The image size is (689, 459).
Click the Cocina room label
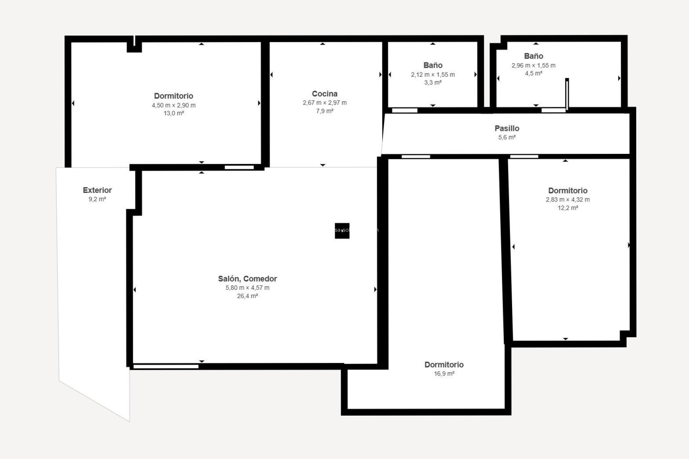[324, 94]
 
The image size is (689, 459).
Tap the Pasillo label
[507, 128]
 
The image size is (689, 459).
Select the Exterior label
[97, 190]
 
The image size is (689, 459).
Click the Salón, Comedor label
[247, 279]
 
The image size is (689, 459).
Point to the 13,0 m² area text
[174, 113]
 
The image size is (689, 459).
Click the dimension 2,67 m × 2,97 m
[324, 103]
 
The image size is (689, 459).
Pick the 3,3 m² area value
[432, 82]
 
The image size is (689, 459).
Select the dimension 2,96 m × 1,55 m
[533, 65]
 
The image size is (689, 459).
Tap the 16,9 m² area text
[444, 374]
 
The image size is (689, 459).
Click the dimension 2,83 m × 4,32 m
[567, 200]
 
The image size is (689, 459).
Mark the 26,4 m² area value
[247, 296]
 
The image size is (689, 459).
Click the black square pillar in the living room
[342, 231]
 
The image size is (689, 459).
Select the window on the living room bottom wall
[166, 366]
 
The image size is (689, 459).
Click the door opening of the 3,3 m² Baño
[404, 110]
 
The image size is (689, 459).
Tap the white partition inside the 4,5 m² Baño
[567, 94]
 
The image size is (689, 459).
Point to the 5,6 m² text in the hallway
[507, 137]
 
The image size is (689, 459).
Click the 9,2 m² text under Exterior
[97, 199]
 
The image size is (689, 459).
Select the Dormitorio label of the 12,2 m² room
[567, 190]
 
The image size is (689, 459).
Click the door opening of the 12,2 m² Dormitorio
[524, 156]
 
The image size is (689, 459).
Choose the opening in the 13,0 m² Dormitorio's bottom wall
[239, 167]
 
